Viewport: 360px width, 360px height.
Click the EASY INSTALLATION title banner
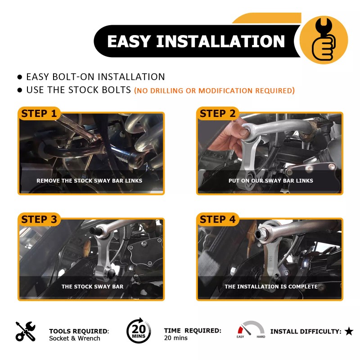[x=196, y=41]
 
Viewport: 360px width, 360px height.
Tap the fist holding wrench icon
[x=323, y=40]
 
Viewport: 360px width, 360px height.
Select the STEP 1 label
[x=40, y=113]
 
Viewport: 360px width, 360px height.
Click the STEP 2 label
[x=218, y=113]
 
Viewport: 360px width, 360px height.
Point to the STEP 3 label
[x=40, y=219]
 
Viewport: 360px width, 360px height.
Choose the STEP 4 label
[x=218, y=219]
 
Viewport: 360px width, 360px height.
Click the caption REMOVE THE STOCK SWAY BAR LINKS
[x=89, y=180]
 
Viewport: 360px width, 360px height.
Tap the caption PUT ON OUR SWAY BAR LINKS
[x=270, y=180]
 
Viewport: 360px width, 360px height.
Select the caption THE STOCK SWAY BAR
[x=92, y=286]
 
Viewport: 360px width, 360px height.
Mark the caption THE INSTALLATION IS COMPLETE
[x=271, y=286]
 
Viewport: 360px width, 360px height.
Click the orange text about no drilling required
[x=214, y=90]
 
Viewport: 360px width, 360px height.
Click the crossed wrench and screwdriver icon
[x=25, y=331]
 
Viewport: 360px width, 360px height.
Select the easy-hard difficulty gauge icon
[x=251, y=330]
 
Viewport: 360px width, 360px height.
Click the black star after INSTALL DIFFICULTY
[x=349, y=332]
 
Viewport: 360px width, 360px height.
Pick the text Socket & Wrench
[x=75, y=338]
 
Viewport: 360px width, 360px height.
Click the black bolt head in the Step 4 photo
[x=260, y=234]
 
